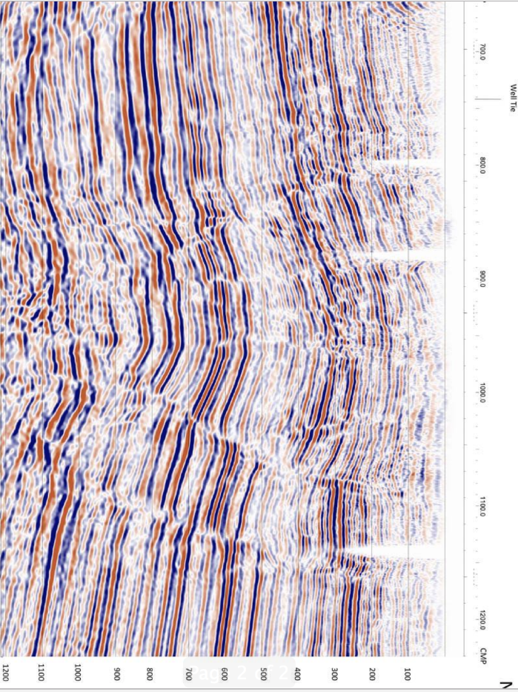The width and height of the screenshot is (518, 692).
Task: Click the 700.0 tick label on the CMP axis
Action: (x=482, y=52)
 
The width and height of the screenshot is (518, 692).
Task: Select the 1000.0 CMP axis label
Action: (x=482, y=394)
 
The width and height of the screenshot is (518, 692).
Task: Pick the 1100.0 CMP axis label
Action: (x=482, y=509)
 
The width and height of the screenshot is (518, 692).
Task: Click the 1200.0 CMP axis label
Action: (x=482, y=619)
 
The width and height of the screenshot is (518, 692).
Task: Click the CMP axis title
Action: (x=482, y=652)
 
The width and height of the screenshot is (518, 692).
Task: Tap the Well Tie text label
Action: (x=511, y=98)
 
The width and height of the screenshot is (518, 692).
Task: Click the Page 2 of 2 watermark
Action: (x=239, y=673)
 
